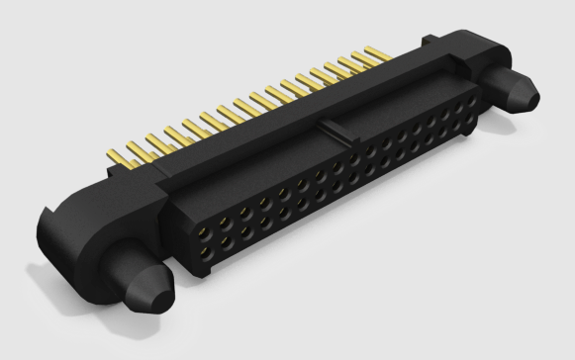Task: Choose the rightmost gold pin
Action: [376, 51]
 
